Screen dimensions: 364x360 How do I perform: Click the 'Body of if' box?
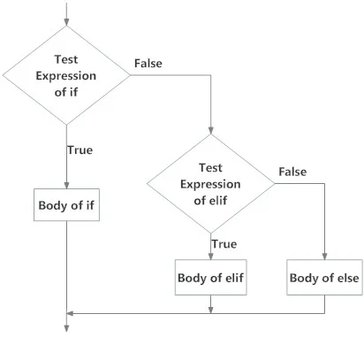point(66,204)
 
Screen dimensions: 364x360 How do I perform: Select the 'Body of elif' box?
point(211,277)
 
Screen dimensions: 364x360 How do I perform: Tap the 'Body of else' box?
point(324,277)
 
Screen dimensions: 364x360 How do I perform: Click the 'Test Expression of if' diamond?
point(66,75)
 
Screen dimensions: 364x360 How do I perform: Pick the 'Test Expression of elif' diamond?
point(210,184)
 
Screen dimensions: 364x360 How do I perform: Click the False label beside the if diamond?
point(148,64)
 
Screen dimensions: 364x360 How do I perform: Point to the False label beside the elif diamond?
point(292,172)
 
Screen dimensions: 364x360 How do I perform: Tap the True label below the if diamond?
point(80,150)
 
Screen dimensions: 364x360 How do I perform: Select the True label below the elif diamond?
point(224,244)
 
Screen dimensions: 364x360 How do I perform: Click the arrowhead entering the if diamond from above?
point(66,22)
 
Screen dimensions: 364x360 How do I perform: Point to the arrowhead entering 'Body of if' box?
point(66,185)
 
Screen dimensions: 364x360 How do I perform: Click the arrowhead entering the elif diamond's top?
point(211,130)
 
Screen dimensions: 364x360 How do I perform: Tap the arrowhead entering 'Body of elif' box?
point(211,256)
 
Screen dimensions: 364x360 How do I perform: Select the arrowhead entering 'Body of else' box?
point(324,256)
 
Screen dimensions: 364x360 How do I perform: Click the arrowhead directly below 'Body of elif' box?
point(211,310)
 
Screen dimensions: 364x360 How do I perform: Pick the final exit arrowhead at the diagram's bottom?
point(66,328)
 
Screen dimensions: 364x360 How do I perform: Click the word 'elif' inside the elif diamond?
point(218,201)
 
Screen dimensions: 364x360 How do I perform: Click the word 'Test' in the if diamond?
point(66,59)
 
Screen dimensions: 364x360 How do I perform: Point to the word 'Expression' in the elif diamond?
point(210,185)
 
